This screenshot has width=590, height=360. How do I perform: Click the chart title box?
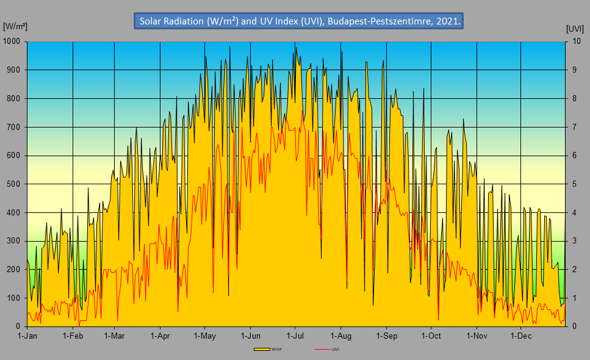point(298,21)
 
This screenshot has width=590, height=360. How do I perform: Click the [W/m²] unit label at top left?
point(15,26)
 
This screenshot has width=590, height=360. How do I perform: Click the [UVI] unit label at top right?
point(575,29)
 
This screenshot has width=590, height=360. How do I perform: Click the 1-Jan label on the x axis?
point(27,336)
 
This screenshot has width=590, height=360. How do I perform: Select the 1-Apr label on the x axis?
point(160,336)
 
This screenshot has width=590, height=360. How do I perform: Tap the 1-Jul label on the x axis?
point(295,336)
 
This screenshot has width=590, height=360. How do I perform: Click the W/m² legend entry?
point(268,349)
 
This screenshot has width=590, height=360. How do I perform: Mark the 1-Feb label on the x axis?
point(73,336)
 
